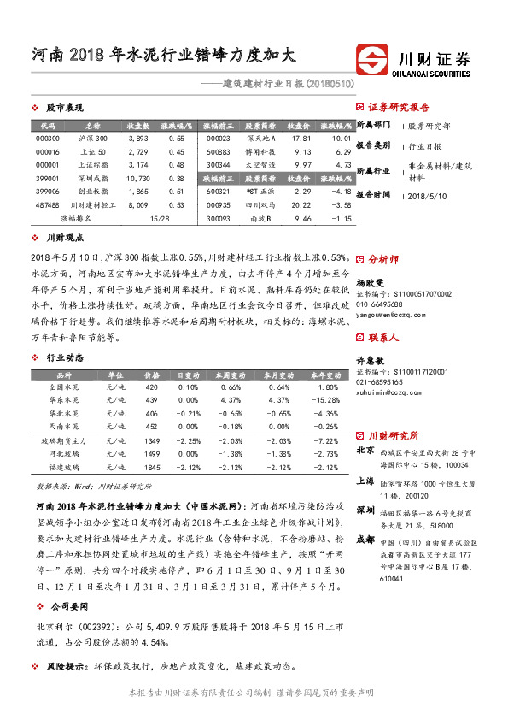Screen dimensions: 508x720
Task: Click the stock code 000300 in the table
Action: (48, 138)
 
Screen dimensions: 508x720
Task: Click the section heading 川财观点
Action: (64, 237)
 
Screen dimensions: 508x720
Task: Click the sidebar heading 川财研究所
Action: (393, 434)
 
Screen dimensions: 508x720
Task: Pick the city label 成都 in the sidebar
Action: (365, 516)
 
